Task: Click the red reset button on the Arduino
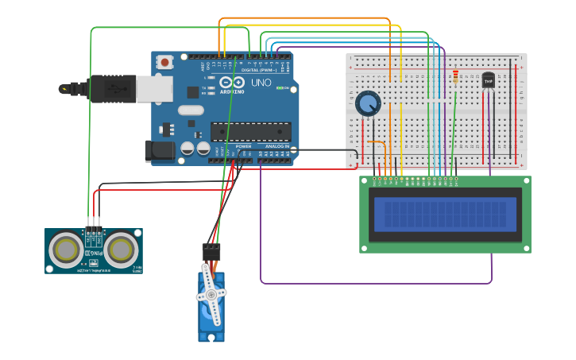click(164, 61)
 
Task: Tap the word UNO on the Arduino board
click(261, 83)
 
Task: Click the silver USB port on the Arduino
click(153, 89)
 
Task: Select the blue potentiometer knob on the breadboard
click(368, 103)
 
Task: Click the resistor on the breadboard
click(455, 77)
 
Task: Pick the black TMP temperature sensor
click(488, 80)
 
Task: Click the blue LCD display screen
click(445, 214)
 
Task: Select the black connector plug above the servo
click(211, 250)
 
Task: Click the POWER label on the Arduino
click(243, 146)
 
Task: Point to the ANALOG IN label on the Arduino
click(277, 146)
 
